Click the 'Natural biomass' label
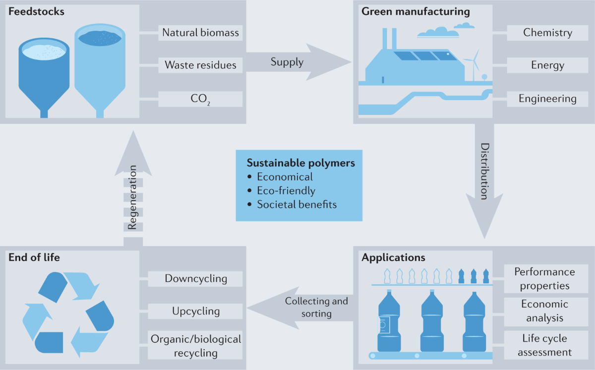pos(200,33)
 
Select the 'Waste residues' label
pos(200,65)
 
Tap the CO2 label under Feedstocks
pos(200,99)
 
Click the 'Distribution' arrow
pos(483,178)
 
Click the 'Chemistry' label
pos(547,33)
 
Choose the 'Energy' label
pos(547,65)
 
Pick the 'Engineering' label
pos(547,99)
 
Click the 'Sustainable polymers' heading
pos(301,163)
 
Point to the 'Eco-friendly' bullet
pos(286,191)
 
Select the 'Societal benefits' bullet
pos(296,204)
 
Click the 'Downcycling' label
pos(195,278)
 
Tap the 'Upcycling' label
pos(195,311)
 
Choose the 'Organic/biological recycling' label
pos(195,346)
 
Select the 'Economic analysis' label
pos(544,311)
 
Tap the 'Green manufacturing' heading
pos(416,11)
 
